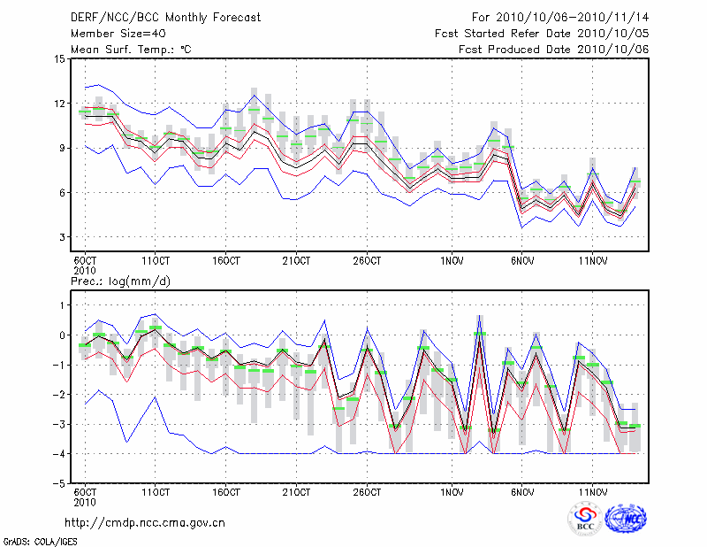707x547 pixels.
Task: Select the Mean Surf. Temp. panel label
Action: tap(131, 49)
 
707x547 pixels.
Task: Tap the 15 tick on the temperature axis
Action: tap(59, 59)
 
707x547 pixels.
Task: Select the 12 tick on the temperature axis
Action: tap(59, 104)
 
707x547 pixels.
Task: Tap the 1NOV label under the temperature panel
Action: tap(452, 261)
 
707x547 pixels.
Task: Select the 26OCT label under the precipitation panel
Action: tap(367, 492)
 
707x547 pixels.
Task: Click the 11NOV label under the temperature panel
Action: tap(592, 261)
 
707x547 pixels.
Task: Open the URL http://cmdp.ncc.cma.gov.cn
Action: tap(145, 522)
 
